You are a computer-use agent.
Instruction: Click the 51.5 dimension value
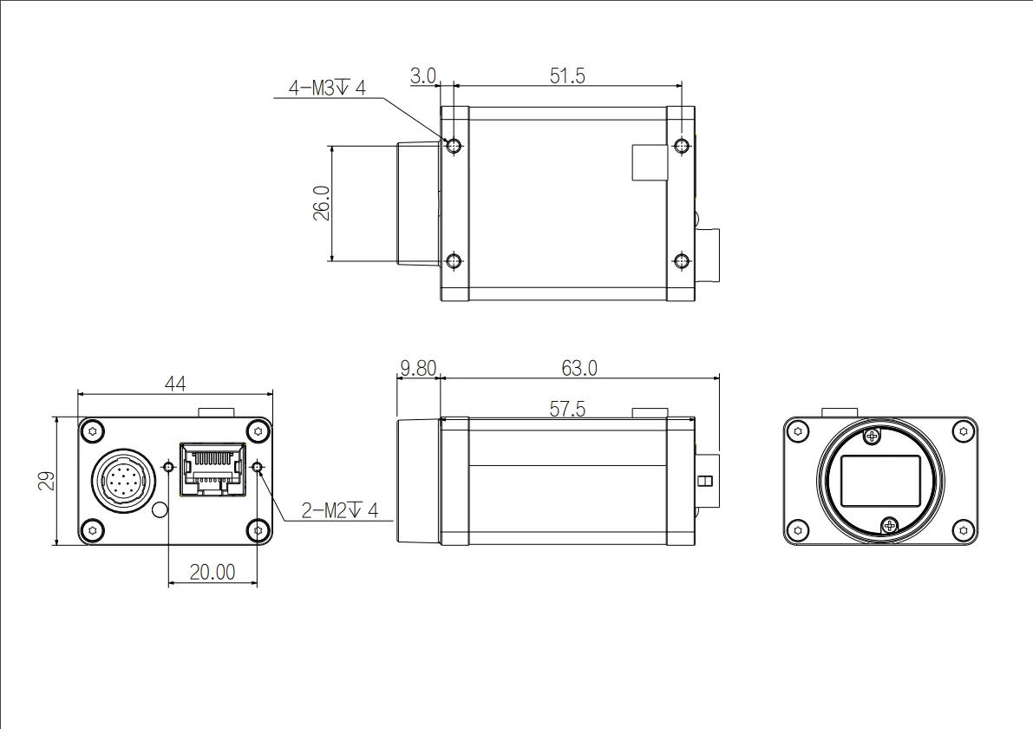click(567, 76)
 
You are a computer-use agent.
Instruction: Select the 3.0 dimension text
click(422, 76)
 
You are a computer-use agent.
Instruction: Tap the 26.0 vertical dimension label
click(321, 203)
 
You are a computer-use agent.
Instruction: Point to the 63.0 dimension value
click(579, 368)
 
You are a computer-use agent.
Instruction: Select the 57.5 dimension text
click(566, 409)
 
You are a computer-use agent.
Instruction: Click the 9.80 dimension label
click(416, 368)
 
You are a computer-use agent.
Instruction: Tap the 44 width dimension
click(175, 383)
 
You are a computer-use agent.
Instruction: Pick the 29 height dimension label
click(46, 481)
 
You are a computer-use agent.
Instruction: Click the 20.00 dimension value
click(212, 571)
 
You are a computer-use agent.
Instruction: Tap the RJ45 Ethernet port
click(212, 470)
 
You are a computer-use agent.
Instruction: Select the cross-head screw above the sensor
click(872, 433)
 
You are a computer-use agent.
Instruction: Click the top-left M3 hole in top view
click(453, 144)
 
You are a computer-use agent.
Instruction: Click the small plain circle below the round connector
click(160, 510)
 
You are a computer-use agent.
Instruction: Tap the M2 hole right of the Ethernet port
click(258, 469)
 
